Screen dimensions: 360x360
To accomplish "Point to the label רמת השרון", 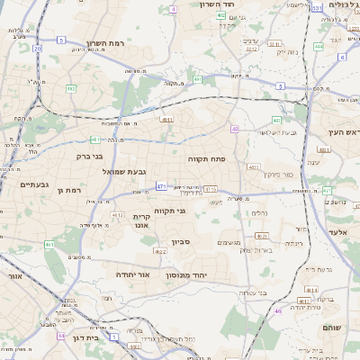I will pyautogui.click(x=110, y=42).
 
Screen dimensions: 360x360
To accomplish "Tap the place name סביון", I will pyautogui.click(x=181, y=241).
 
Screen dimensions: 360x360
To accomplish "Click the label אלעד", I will pyautogui.click(x=337, y=231).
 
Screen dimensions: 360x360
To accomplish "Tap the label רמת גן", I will pyautogui.click(x=68, y=190).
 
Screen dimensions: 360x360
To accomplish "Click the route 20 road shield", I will pyautogui.click(x=38, y=49).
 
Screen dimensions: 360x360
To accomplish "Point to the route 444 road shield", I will pyautogui.click(x=318, y=46).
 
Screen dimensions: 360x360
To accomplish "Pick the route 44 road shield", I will pyautogui.click(x=60, y=335).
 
